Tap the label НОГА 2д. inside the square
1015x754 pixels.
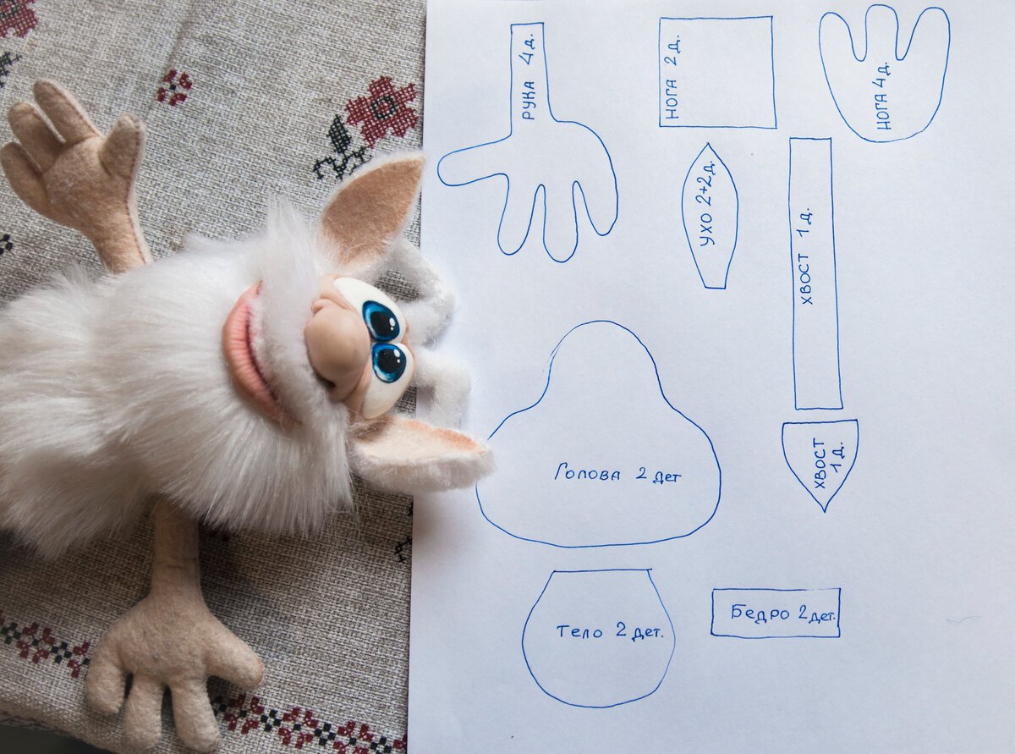(673, 78)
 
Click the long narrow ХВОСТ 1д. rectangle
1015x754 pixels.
(815, 274)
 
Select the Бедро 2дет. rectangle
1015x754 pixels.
(776, 613)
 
